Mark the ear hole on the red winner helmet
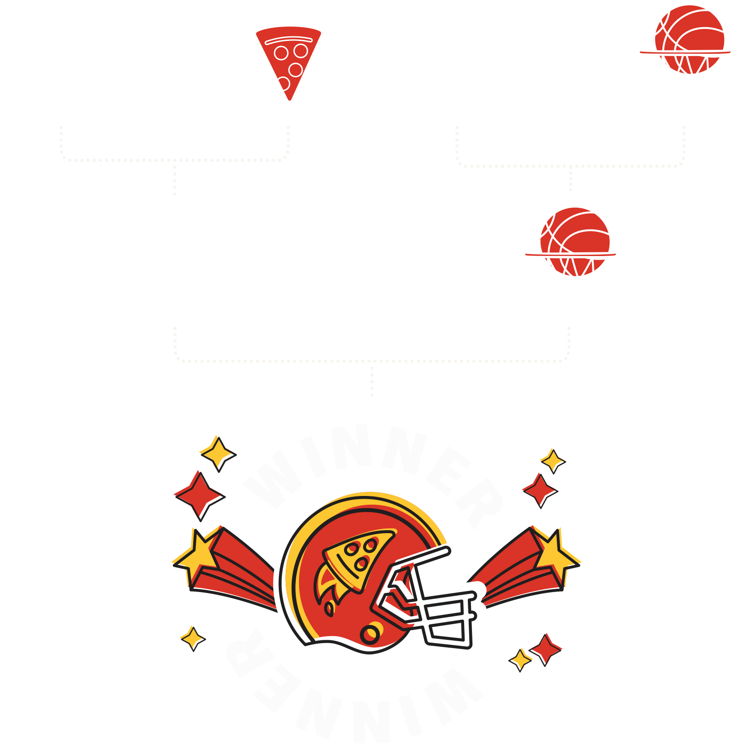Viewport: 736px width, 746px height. click(370, 633)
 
